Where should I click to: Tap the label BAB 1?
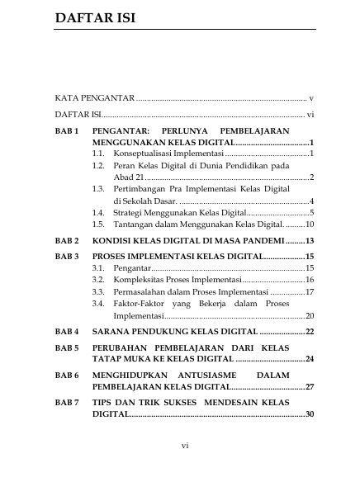[66, 131]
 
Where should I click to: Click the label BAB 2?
[66, 242]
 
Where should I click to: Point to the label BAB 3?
[66, 257]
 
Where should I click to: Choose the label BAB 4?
[66, 331]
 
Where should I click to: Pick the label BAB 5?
[66, 347]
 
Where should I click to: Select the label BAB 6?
[66, 375]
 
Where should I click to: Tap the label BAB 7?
[66, 402]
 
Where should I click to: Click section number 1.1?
[98, 154]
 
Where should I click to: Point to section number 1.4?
[98, 213]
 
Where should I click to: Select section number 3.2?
[98, 280]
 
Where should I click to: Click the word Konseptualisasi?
[147, 154]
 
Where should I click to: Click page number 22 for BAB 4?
[310, 331]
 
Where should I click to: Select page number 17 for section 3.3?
[310, 291]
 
